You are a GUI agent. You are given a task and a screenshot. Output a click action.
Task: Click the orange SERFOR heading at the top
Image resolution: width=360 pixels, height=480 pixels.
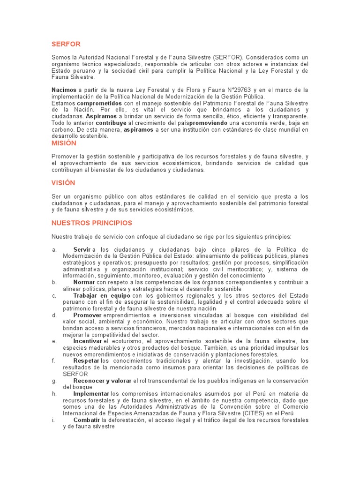(66, 44)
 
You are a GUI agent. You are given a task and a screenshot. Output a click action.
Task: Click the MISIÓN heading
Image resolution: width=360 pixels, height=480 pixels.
(64, 143)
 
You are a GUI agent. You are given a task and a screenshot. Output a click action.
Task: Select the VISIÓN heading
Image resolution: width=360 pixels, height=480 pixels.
(63, 183)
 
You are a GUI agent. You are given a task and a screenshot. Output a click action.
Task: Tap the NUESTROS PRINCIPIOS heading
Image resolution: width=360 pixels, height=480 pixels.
(92, 223)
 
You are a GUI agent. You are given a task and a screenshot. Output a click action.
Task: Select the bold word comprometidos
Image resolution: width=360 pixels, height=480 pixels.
(99, 103)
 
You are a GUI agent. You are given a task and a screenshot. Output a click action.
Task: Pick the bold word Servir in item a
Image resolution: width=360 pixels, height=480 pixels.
(82, 249)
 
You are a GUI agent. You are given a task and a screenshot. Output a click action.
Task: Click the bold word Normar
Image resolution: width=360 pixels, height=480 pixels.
(84, 282)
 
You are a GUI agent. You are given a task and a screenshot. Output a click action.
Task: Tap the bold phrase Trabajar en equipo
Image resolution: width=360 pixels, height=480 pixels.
(102, 296)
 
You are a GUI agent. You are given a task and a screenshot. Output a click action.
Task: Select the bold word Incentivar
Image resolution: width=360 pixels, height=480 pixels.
(88, 341)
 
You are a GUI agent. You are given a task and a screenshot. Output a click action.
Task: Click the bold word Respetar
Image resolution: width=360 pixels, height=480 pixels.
(86, 361)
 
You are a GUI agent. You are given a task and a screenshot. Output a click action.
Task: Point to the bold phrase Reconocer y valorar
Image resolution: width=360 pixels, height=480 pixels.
(102, 381)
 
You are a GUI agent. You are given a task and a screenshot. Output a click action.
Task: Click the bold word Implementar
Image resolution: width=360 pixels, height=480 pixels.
(91, 394)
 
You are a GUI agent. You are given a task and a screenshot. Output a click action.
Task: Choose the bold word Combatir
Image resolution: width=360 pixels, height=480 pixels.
(87, 420)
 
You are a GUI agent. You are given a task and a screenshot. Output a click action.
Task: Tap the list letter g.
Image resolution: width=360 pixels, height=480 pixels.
(54, 381)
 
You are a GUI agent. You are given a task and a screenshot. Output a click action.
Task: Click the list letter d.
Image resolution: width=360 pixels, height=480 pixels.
(54, 315)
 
